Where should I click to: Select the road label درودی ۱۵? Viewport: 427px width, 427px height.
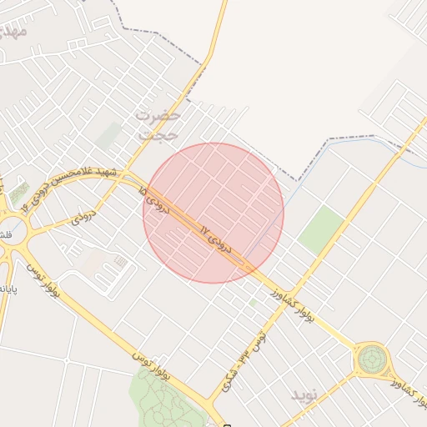pyautogui.click(x=156, y=201)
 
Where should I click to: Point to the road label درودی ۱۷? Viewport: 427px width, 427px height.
pyautogui.click(x=216, y=238)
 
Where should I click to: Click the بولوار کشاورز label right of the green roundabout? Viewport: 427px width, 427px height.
pyautogui.click(x=409, y=391)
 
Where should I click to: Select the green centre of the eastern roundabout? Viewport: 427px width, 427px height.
pyautogui.click(x=371, y=360)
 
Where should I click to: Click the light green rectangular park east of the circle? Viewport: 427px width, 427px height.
pyautogui.click(x=321, y=229)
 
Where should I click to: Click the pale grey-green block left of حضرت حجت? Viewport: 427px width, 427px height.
pyautogui.click(x=108, y=136)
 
